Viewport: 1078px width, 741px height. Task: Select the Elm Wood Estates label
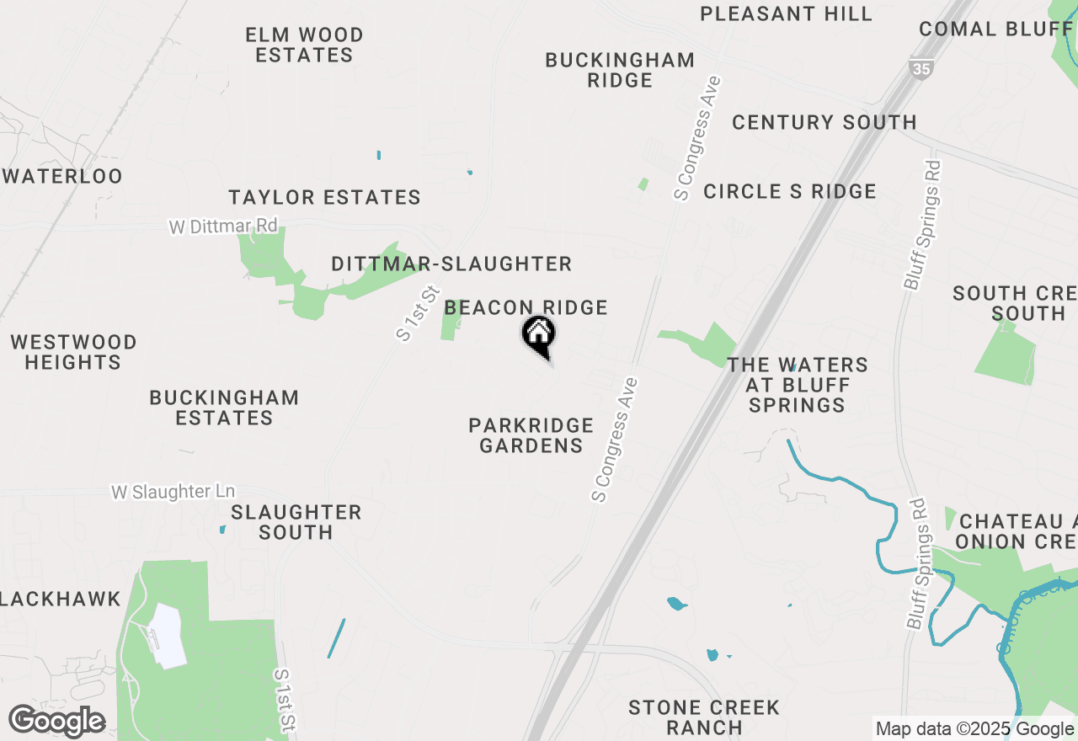point(304,45)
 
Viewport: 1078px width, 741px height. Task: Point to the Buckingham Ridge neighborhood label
point(620,70)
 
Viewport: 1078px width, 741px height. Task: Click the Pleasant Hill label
point(787,13)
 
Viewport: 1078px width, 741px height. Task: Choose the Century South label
point(824,122)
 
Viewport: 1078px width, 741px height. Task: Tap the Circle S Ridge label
point(789,192)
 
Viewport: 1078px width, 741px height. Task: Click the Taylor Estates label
point(324,198)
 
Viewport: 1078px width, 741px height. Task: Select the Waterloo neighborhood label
point(63,177)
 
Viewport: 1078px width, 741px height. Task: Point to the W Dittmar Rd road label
point(223,227)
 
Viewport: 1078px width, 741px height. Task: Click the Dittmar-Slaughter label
point(451,264)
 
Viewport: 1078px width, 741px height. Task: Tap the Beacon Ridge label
point(526,308)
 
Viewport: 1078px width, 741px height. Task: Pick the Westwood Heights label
point(73,352)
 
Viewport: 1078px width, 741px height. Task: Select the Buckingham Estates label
point(224,408)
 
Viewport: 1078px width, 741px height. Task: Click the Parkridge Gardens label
point(531,435)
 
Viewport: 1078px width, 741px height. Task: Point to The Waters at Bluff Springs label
point(798,385)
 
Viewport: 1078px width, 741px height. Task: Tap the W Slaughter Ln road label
point(173,492)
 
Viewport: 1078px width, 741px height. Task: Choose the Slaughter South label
point(296,522)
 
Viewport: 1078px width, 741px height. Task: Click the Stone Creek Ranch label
point(703,717)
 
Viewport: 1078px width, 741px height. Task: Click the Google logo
point(56,722)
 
